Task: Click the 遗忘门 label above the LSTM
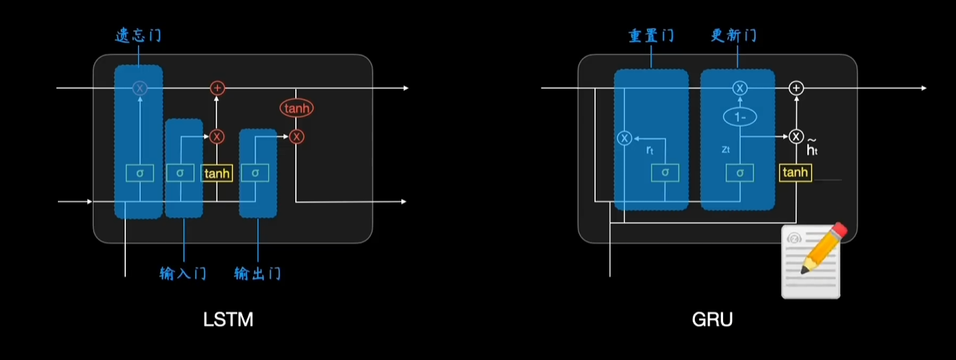coord(139,36)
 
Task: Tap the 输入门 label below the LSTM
coord(184,273)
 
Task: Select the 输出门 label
coord(257,273)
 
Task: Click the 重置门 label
coord(651,35)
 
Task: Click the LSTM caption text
coord(228,320)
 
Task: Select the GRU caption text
coord(712,320)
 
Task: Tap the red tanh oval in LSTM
coord(297,109)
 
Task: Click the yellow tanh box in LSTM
coord(217,173)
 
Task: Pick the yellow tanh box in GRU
coord(795,172)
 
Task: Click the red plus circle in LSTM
coord(217,88)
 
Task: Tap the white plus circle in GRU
coord(796,88)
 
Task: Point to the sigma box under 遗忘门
coord(140,173)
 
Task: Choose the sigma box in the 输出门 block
coord(255,173)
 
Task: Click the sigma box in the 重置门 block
coord(665,173)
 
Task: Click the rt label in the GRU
coord(649,149)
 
